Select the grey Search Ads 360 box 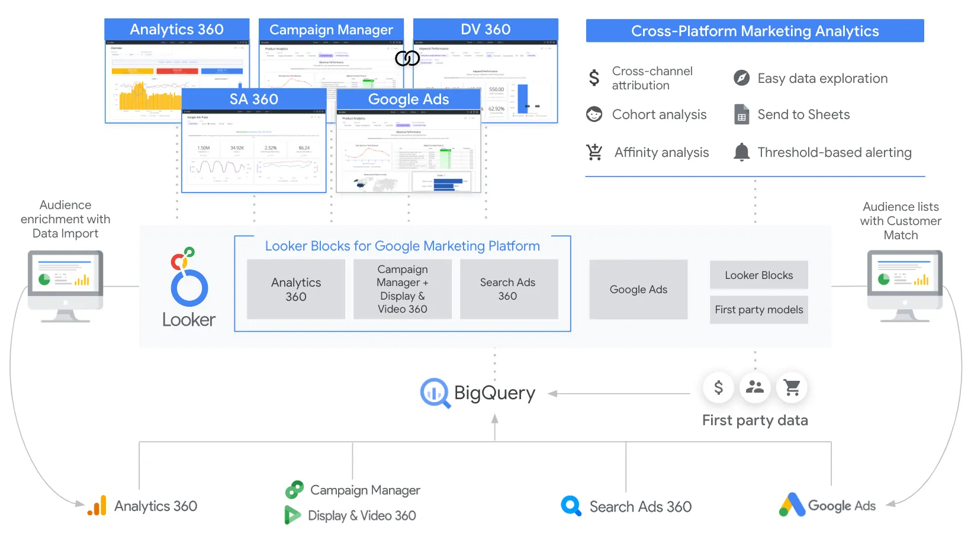pyautogui.click(x=508, y=289)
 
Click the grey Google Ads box pyautogui.click(x=638, y=289)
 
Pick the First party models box pyautogui.click(x=758, y=309)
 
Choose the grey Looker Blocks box pyautogui.click(x=758, y=275)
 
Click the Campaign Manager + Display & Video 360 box pyautogui.click(x=403, y=289)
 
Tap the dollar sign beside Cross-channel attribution pyautogui.click(x=594, y=78)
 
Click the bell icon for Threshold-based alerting pyautogui.click(x=741, y=152)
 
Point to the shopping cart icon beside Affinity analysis pyautogui.click(x=594, y=152)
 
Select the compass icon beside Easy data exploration pyautogui.click(x=741, y=78)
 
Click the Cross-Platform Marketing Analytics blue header pyautogui.click(x=755, y=31)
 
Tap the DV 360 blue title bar pyautogui.click(x=485, y=30)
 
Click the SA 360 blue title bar pyautogui.click(x=254, y=99)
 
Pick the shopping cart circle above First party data pyautogui.click(x=792, y=387)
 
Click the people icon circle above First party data pyautogui.click(x=755, y=387)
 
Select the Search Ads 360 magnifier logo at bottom pyautogui.click(x=571, y=506)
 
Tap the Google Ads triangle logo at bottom pyautogui.click(x=792, y=505)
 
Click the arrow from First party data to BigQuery pyautogui.click(x=619, y=393)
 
